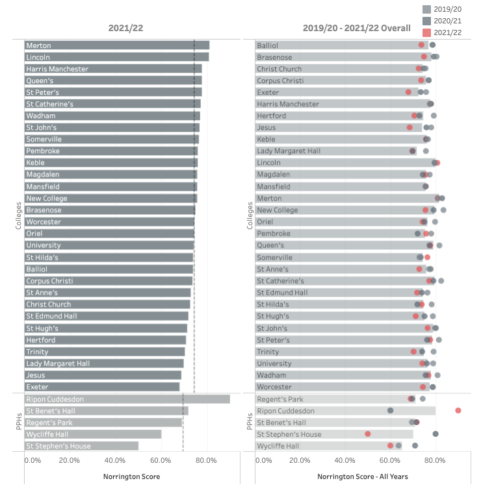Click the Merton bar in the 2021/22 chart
click(117, 45)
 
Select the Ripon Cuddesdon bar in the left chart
click(127, 399)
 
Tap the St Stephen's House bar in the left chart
click(81, 446)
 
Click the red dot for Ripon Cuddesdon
click(458, 411)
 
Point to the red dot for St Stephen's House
click(368, 434)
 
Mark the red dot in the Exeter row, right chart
click(408, 92)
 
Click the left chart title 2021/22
click(126, 28)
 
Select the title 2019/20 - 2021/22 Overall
click(356, 28)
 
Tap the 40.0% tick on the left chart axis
click(115, 460)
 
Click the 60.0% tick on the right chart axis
click(391, 460)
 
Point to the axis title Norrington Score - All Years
click(363, 476)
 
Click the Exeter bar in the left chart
click(102, 387)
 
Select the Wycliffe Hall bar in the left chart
click(93, 434)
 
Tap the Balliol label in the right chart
click(268, 45)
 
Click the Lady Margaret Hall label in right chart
click(289, 151)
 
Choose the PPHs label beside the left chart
click(18, 423)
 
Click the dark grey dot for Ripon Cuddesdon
click(390, 411)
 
